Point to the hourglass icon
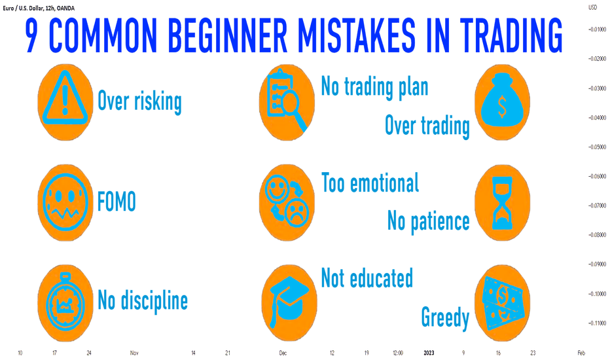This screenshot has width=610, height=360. point(502,202)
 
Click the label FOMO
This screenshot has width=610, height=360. point(117,202)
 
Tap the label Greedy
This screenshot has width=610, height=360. point(446,318)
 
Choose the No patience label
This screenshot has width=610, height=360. point(428,221)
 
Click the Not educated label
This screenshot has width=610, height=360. point(367,278)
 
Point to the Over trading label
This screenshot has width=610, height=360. point(427,126)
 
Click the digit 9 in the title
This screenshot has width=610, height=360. point(33,36)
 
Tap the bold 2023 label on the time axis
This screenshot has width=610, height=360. point(429,353)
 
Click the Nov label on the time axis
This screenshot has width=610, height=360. point(134,353)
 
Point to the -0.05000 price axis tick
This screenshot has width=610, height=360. point(597,147)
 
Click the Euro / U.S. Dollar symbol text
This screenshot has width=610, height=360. point(23,8)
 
